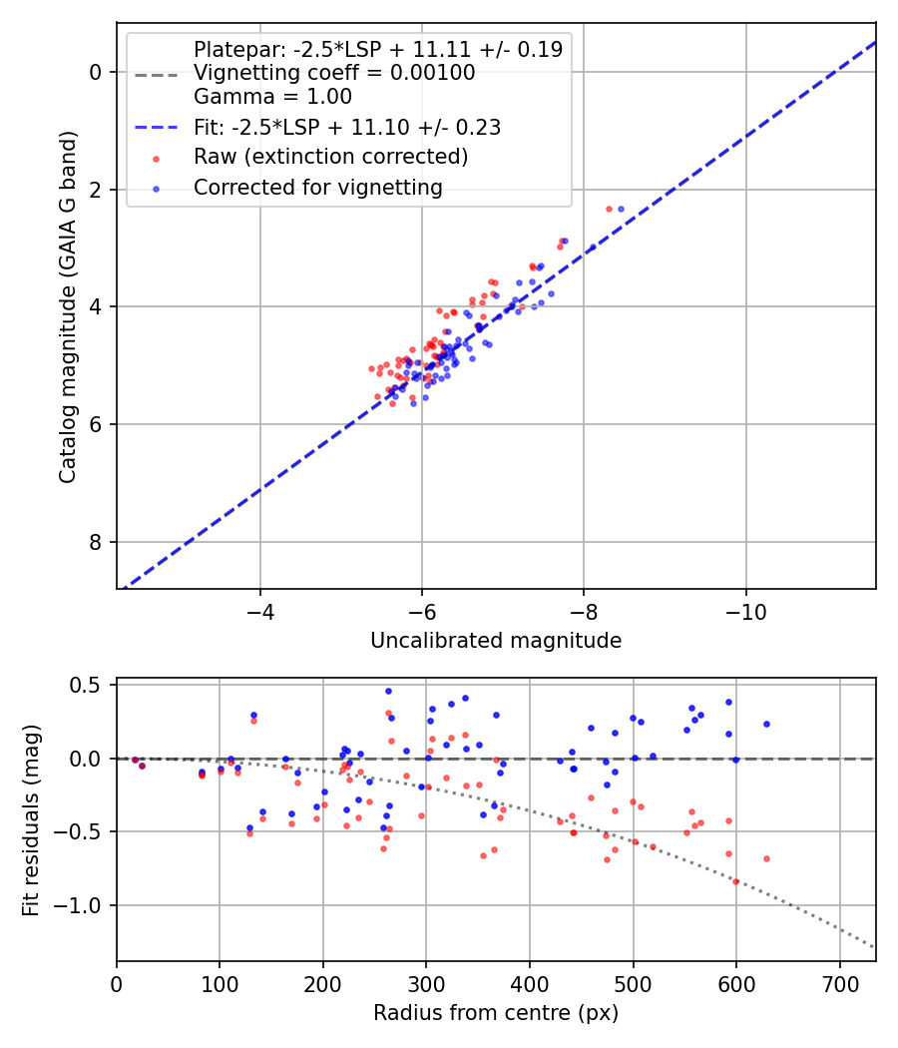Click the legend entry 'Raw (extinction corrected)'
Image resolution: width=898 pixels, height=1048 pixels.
pyautogui.click(x=330, y=157)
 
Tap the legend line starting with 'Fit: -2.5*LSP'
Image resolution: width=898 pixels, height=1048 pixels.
pyautogui.click(x=346, y=127)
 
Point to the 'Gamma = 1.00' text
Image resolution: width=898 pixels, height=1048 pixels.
pyautogui.click(x=272, y=97)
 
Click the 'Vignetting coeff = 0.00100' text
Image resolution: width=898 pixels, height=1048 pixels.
pyautogui.click(x=334, y=73)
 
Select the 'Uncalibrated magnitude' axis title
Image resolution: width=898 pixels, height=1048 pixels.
pyautogui.click(x=496, y=641)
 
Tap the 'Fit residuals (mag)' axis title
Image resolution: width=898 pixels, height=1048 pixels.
pyautogui.click(x=31, y=819)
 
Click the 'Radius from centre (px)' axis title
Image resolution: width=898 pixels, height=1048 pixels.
pyautogui.click(x=496, y=1013)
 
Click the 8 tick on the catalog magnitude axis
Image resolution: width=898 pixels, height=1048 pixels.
pyautogui.click(x=96, y=542)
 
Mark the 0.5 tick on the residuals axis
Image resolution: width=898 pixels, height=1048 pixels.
pyautogui.click(x=90, y=685)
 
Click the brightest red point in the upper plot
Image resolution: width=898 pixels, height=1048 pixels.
pyautogui.click(x=609, y=209)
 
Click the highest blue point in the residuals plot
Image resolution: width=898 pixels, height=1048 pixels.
pyautogui.click(x=388, y=691)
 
